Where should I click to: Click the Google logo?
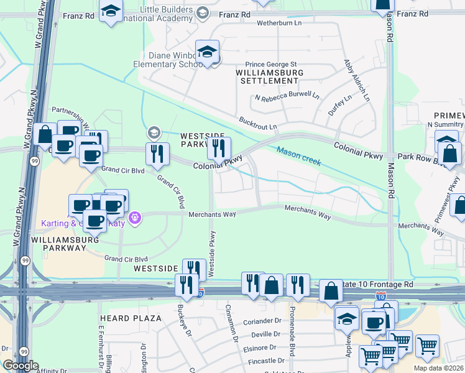21,366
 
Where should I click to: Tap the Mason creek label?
299,156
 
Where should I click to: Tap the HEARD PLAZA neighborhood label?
131,319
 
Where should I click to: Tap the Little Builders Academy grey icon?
203,13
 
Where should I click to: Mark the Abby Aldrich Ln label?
356,81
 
